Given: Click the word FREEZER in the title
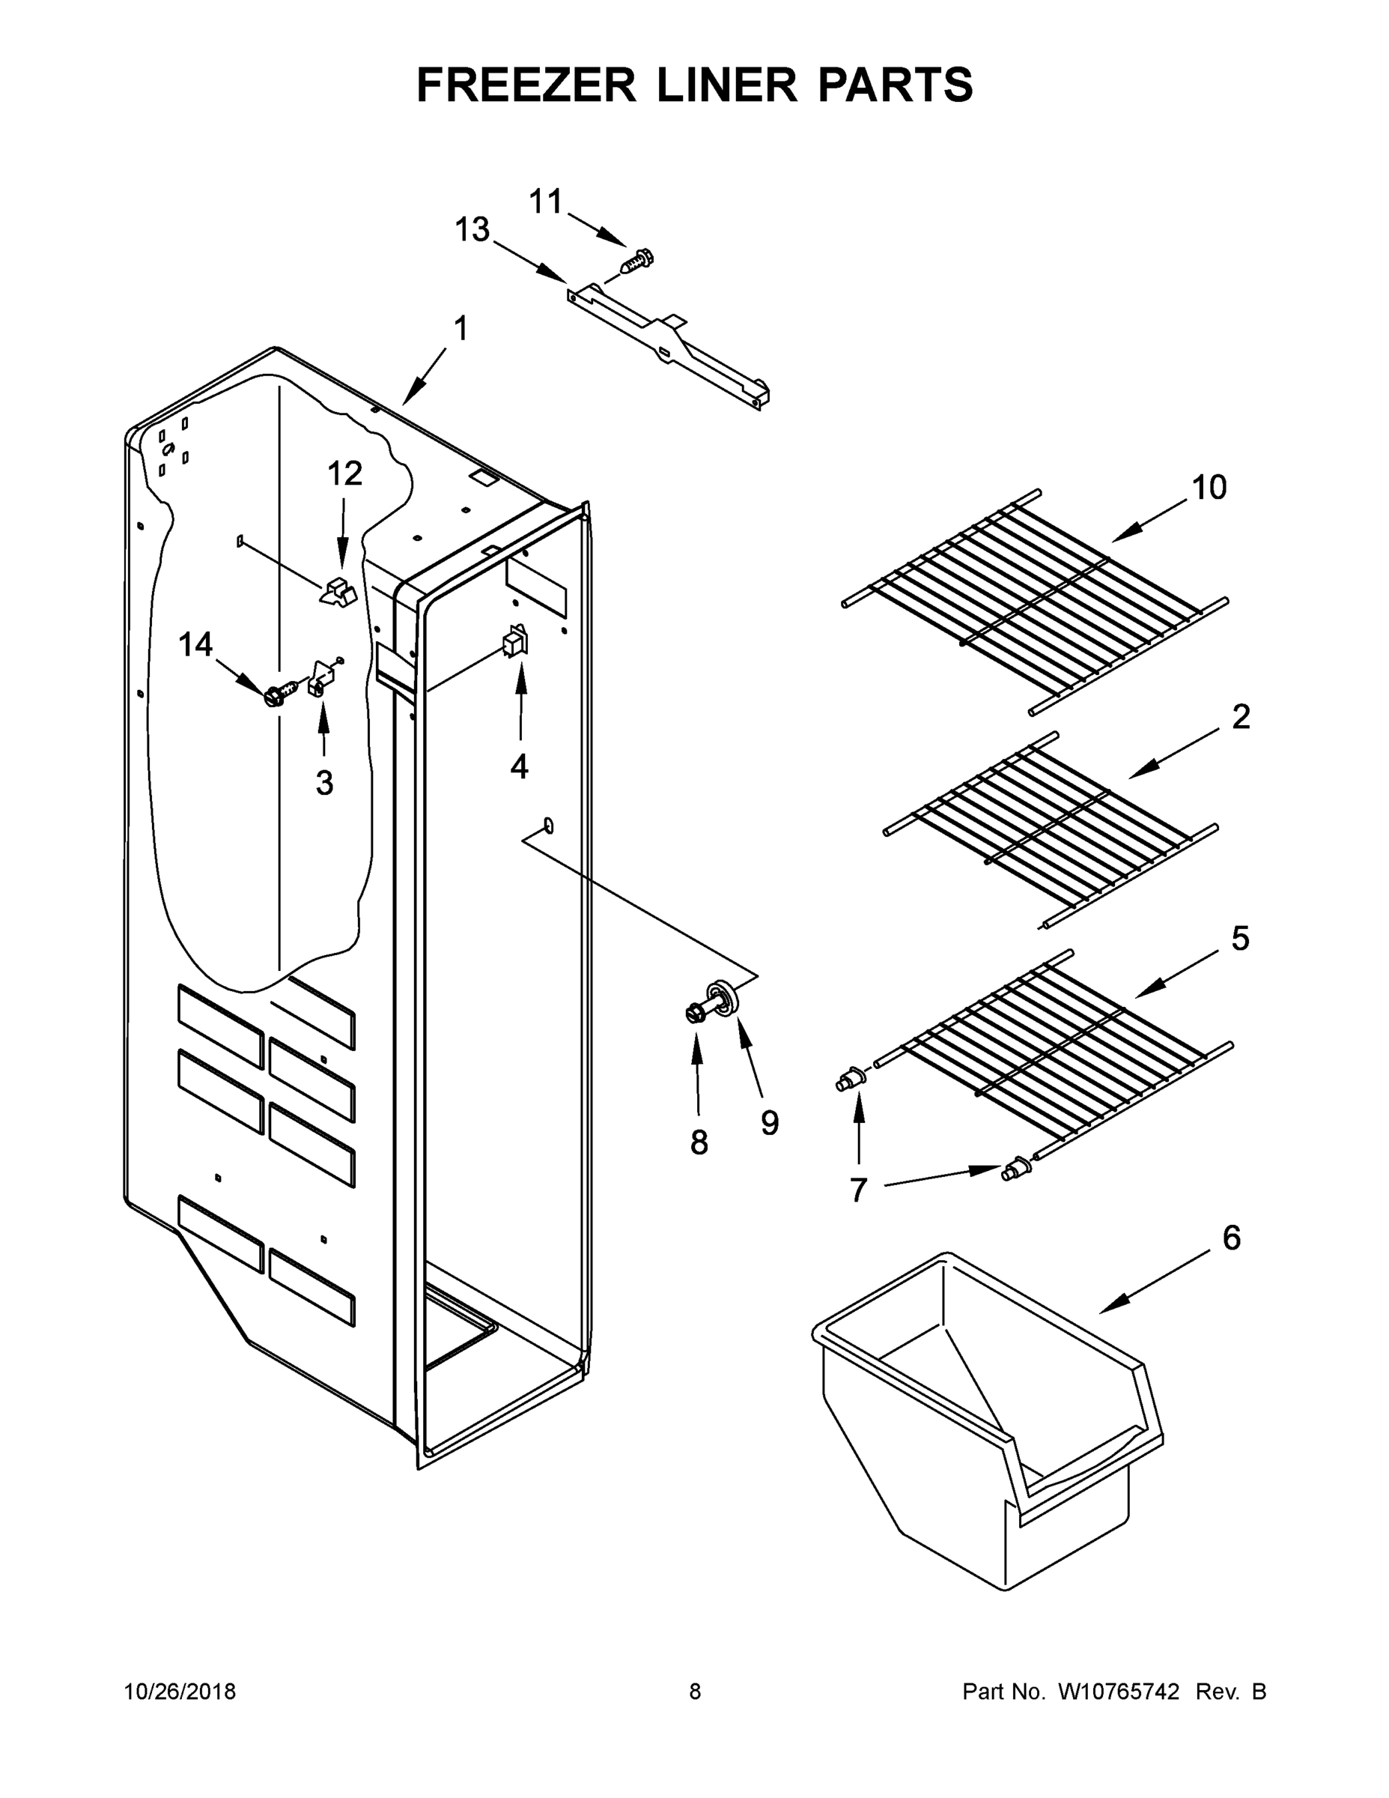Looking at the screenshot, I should point(526,85).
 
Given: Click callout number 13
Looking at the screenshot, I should point(472,231).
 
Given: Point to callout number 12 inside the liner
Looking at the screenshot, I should point(344,473).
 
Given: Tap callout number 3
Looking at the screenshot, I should point(324,783).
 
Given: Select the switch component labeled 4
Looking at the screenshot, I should point(516,641).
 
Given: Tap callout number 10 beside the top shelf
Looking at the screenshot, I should point(1209,488).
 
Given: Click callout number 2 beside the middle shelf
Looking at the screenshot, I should point(1241,717).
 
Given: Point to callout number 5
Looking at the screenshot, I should point(1240,939).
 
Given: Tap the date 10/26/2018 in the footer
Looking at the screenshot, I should point(180,1692).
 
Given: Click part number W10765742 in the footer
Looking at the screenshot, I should point(1118,1692).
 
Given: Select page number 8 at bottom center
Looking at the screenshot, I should point(696,1692).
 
